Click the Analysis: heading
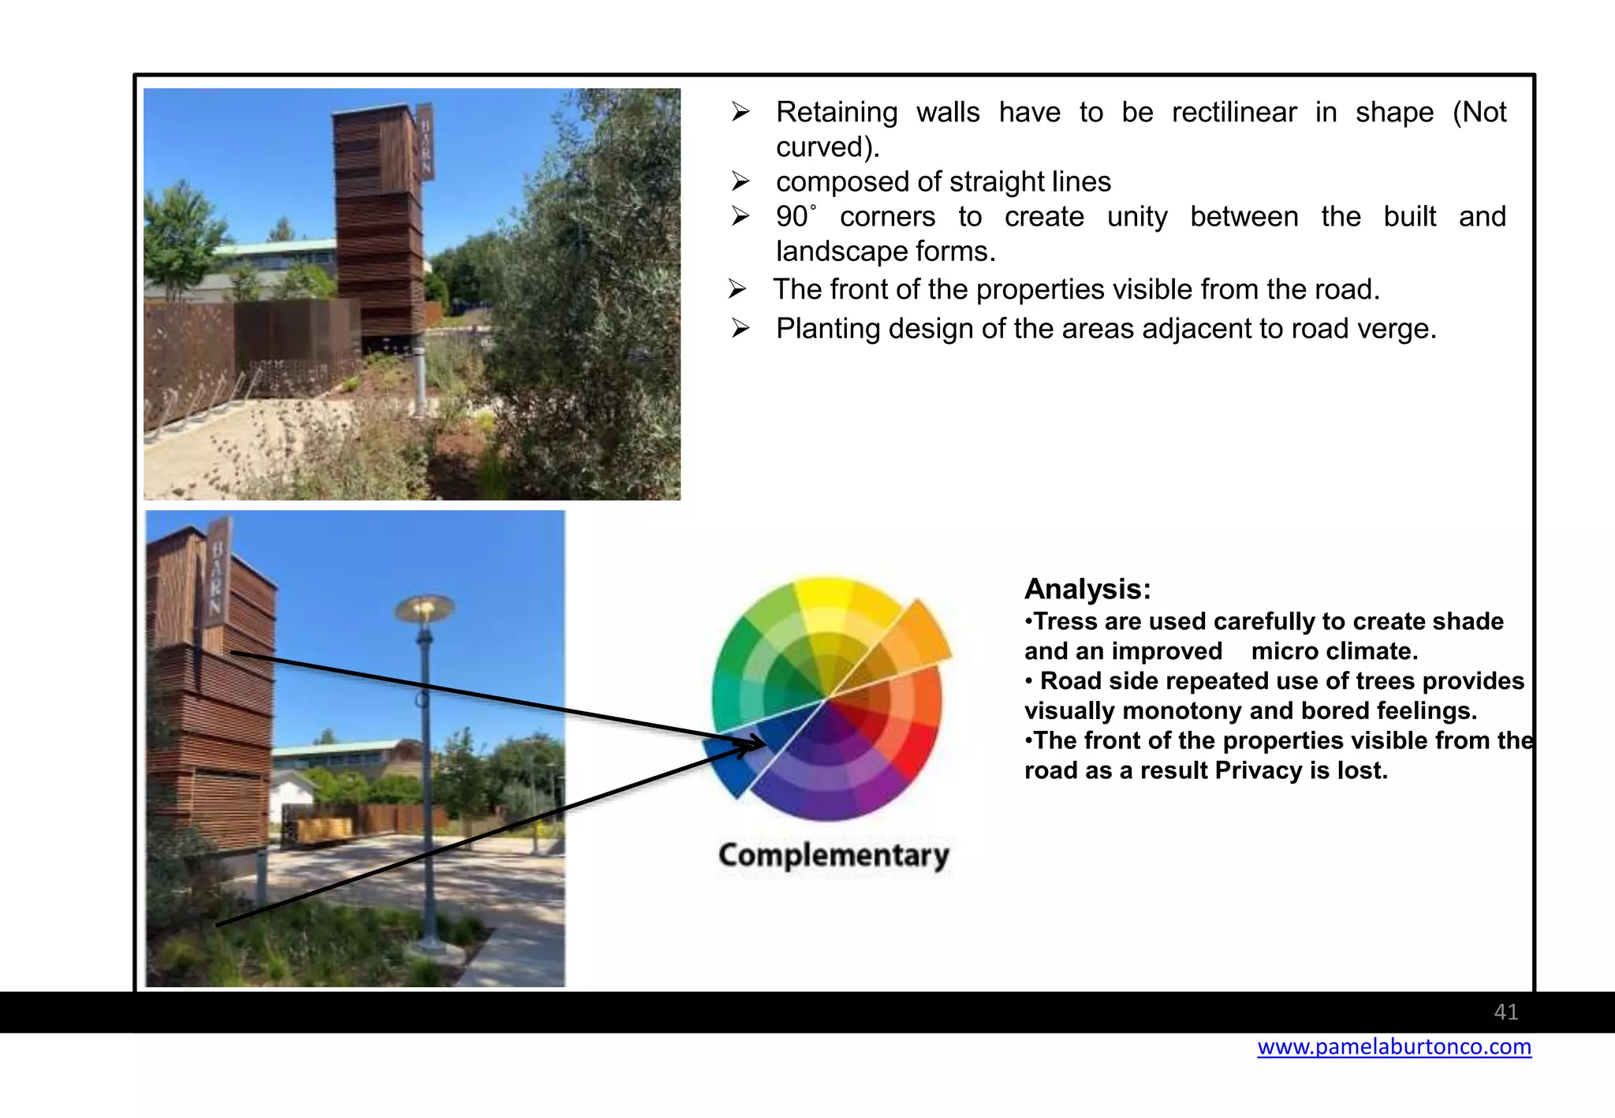[x=1087, y=590]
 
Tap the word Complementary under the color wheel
[x=834, y=855]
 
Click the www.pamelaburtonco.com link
[x=1393, y=1047]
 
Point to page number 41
[x=1505, y=1012]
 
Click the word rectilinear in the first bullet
[x=1233, y=113]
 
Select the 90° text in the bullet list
[x=795, y=217]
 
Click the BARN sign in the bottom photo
[x=218, y=575]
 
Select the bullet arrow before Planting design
[x=740, y=328]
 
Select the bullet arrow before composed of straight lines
[x=740, y=182]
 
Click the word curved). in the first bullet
[x=827, y=147]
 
